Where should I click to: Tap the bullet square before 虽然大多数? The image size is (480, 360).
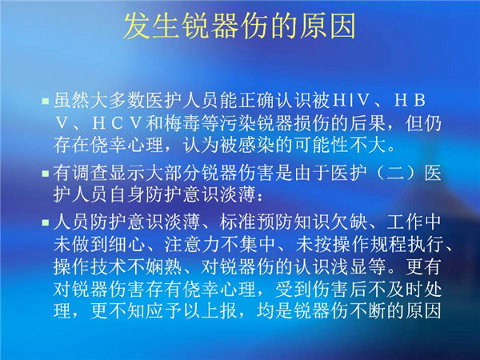pyautogui.click(x=46, y=101)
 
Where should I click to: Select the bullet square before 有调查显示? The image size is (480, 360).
pyautogui.click(x=46, y=174)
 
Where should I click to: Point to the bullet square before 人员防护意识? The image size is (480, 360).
pyautogui.click(x=46, y=222)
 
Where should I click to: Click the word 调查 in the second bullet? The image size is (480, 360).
pyautogui.click(x=90, y=173)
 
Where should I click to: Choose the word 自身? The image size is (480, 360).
pyautogui.click(x=127, y=194)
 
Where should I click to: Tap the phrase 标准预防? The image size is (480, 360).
pyautogui.click(x=256, y=222)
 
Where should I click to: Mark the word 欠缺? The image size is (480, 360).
pyautogui.click(x=349, y=222)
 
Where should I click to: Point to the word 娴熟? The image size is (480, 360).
pyautogui.click(x=164, y=266)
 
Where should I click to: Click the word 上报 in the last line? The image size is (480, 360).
pyautogui.click(x=220, y=310)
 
